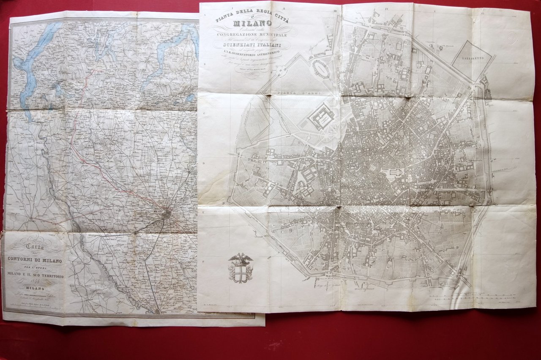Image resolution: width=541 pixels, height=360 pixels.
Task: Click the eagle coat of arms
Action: [240, 268]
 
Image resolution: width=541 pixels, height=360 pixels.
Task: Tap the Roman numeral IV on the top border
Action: [387, 7]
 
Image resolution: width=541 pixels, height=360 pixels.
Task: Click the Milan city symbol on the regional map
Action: [167, 214]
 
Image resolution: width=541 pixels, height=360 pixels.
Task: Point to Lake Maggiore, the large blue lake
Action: [32, 63]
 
